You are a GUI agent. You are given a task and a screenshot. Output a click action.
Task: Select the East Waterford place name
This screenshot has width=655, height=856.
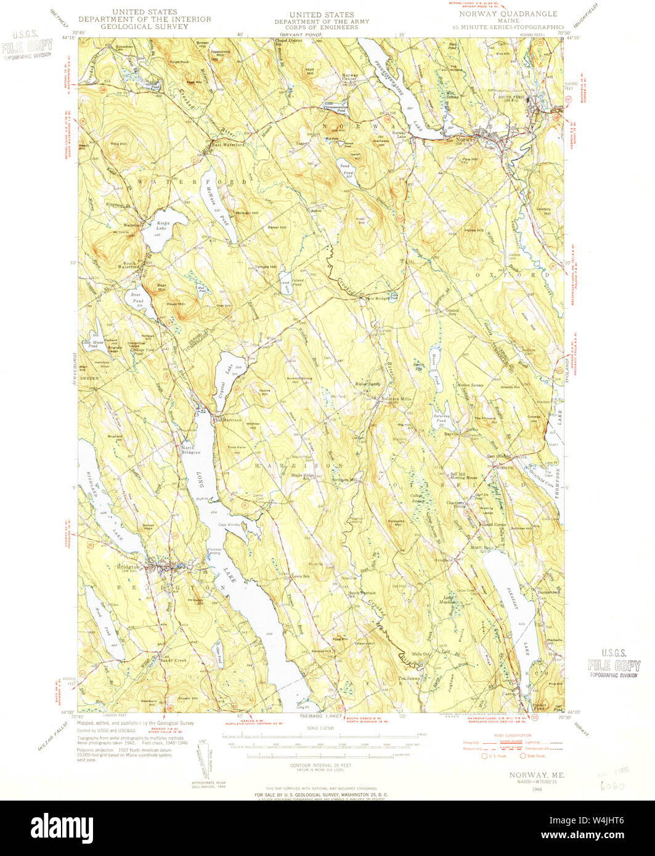[x=229, y=145]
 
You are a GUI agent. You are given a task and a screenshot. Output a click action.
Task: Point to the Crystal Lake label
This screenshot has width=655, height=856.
[x=230, y=370]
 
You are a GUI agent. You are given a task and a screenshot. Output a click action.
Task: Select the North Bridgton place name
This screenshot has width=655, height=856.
[x=190, y=450]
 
